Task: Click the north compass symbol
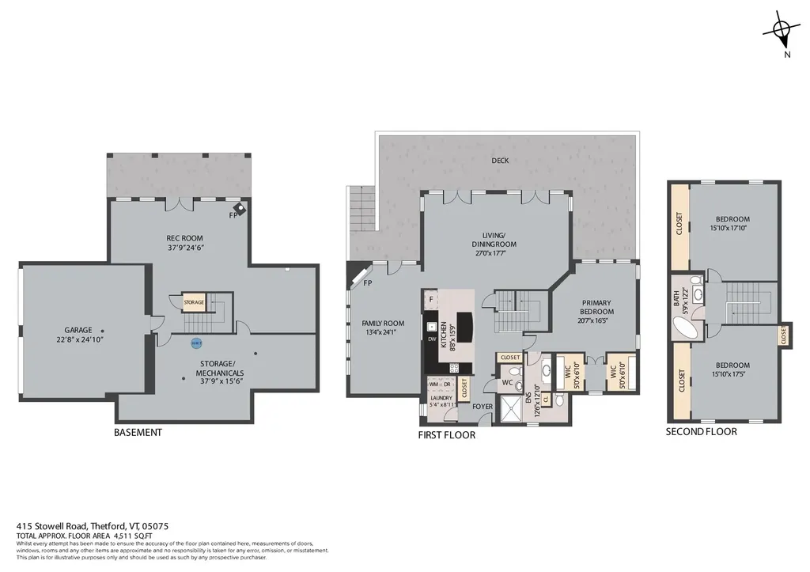[x=781, y=31]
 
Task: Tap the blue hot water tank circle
[x=196, y=343]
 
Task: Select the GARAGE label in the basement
[x=78, y=330]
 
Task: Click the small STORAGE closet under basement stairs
[x=194, y=302]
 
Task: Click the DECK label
[x=500, y=161]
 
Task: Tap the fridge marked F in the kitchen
[x=431, y=300]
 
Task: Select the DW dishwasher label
[x=432, y=339]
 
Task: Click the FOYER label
[x=483, y=407]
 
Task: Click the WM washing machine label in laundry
[x=433, y=384]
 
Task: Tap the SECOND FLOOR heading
[x=701, y=432]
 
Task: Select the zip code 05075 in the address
[x=155, y=526]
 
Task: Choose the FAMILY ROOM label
[x=383, y=323]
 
